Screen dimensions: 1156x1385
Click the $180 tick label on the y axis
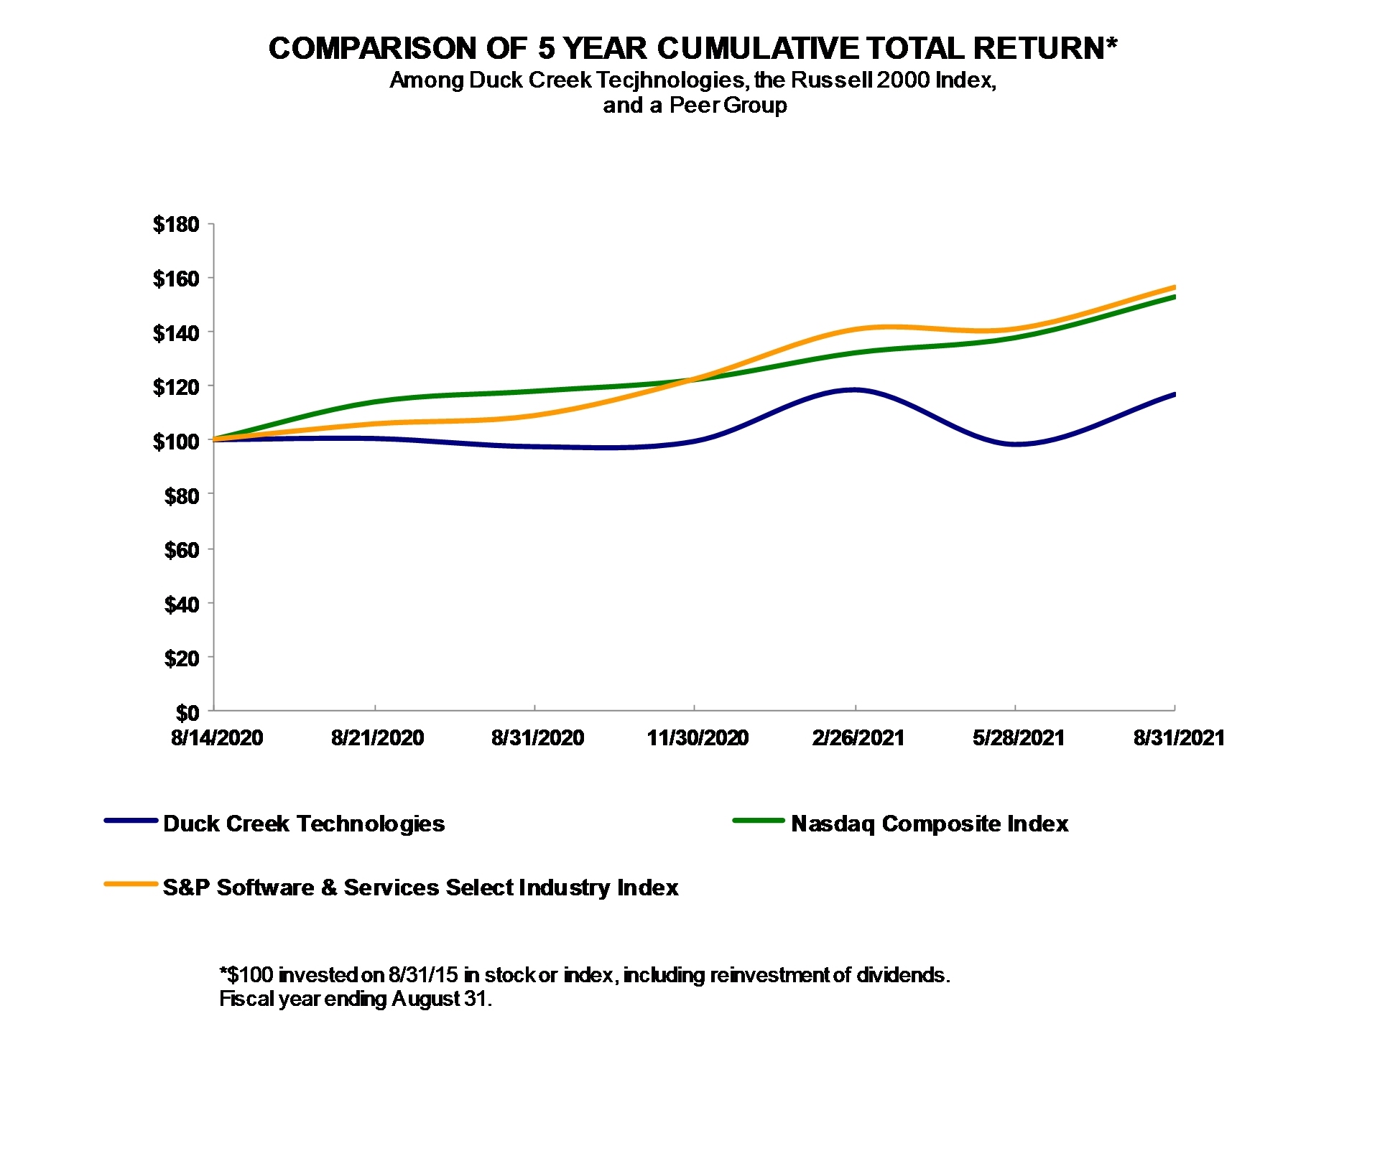pos(175,225)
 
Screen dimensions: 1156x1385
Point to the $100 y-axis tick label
pos(175,441)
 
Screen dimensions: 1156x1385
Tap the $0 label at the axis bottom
pos(187,712)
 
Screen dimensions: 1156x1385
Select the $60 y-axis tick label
pos(181,550)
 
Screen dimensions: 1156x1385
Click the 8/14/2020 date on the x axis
pos(217,738)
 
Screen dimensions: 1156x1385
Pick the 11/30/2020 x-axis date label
pos(697,738)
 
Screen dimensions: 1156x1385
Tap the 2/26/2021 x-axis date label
pos(858,738)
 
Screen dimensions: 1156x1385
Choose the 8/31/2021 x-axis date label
pos(1179,738)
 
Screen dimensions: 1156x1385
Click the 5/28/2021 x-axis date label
pos(1018,738)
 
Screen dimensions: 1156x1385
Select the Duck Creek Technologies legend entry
pos(304,824)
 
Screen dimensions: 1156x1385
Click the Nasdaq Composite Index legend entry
pos(930,824)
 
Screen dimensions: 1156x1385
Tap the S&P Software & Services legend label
pos(420,887)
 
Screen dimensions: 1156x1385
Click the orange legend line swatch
pos(131,884)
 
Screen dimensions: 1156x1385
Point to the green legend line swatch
pos(759,820)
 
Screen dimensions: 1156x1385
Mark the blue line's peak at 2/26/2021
pos(854,390)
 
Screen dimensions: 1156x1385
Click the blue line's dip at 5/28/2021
pos(1015,444)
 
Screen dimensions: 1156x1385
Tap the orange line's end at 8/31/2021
pos(1174,287)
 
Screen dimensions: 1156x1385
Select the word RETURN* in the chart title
pos(1045,49)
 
